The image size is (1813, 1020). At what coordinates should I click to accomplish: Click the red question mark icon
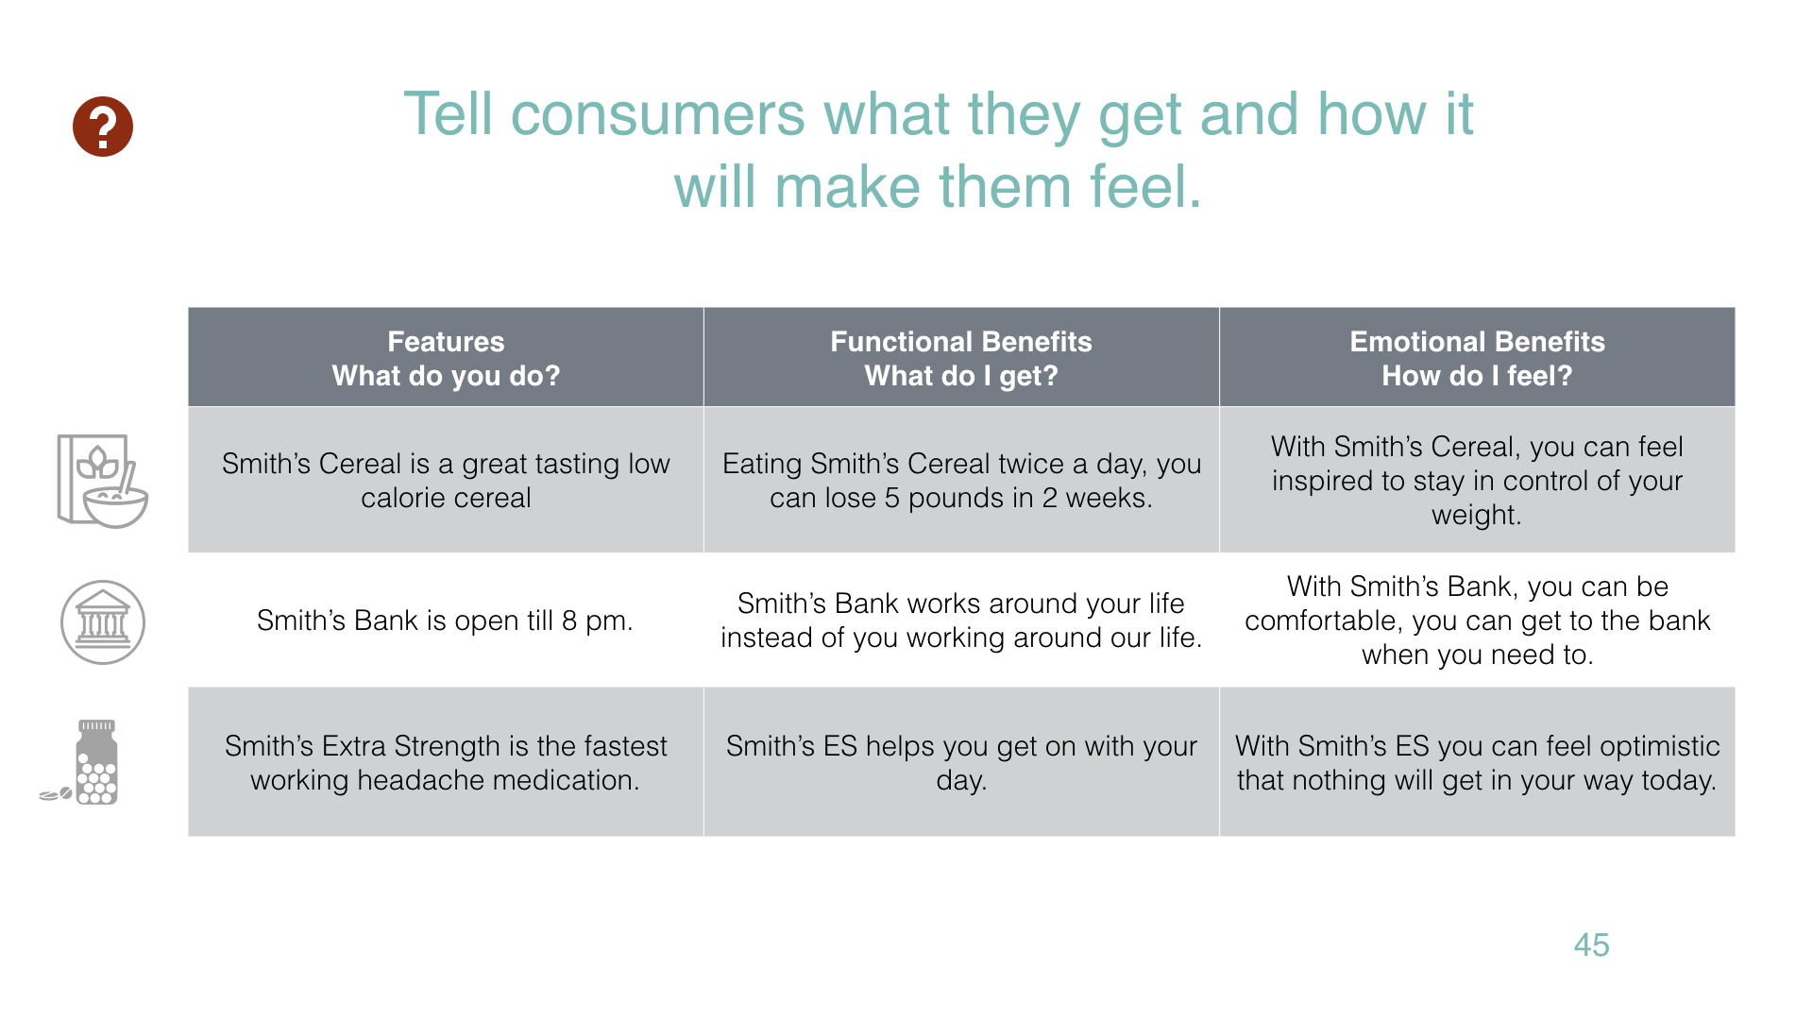tap(103, 127)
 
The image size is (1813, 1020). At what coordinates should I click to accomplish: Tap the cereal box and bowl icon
tap(102, 481)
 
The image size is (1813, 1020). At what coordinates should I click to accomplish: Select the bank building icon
tap(103, 622)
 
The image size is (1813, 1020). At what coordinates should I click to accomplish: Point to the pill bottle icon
tap(96, 762)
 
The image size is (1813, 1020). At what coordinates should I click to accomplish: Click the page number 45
tap(1591, 944)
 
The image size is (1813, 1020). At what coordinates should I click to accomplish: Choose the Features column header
tap(446, 358)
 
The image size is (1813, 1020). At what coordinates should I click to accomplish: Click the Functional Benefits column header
tap(961, 358)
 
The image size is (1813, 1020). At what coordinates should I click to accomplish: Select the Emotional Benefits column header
tap(1477, 358)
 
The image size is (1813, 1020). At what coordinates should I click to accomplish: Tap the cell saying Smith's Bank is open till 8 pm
tap(446, 620)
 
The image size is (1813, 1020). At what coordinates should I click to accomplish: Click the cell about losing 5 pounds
tap(961, 481)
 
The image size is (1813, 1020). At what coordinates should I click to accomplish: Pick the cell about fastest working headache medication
tap(446, 762)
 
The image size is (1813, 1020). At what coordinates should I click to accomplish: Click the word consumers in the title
tap(657, 115)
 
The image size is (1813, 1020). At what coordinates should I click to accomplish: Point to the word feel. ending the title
tap(1145, 186)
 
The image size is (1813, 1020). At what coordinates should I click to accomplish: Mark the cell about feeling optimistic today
tap(1477, 762)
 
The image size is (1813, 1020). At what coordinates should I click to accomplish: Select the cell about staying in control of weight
tap(1477, 481)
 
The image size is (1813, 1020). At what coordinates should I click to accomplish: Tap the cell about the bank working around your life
tap(961, 620)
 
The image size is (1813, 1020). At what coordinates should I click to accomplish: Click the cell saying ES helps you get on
tap(961, 762)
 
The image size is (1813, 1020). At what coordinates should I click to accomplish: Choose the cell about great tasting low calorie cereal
tap(446, 481)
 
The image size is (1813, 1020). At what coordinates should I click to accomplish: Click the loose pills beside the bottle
tap(56, 794)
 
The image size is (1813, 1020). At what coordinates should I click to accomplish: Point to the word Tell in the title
tap(449, 114)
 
